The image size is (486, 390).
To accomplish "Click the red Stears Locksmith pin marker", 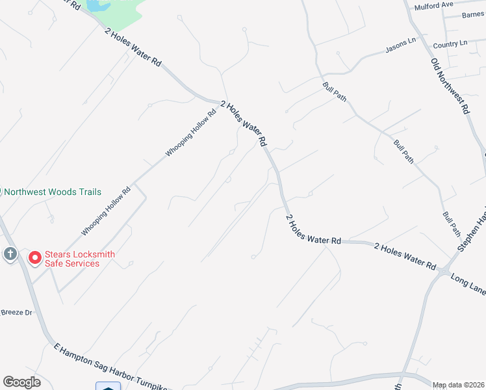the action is pos(34,257).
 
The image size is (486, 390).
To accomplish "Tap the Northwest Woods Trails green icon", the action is pos(1,192).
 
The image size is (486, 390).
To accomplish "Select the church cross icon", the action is pos(10,253).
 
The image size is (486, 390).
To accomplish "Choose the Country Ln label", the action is pos(450,44).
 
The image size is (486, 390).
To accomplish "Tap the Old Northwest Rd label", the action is pos(450,86).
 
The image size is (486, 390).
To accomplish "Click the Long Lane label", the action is pos(468,283).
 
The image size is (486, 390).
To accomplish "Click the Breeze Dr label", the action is pos(16,313).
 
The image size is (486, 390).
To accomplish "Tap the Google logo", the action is pos(21,382).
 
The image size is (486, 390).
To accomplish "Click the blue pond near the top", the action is pos(95,6).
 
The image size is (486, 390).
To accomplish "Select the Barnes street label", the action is pos(472,15).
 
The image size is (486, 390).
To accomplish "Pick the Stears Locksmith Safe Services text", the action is pos(71,259).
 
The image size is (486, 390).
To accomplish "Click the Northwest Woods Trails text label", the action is pos(53,192).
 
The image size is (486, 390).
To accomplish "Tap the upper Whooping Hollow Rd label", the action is pos(190,133).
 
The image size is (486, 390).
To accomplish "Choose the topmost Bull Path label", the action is pos(334,90).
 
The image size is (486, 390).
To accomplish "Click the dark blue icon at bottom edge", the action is pos(107,387).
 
